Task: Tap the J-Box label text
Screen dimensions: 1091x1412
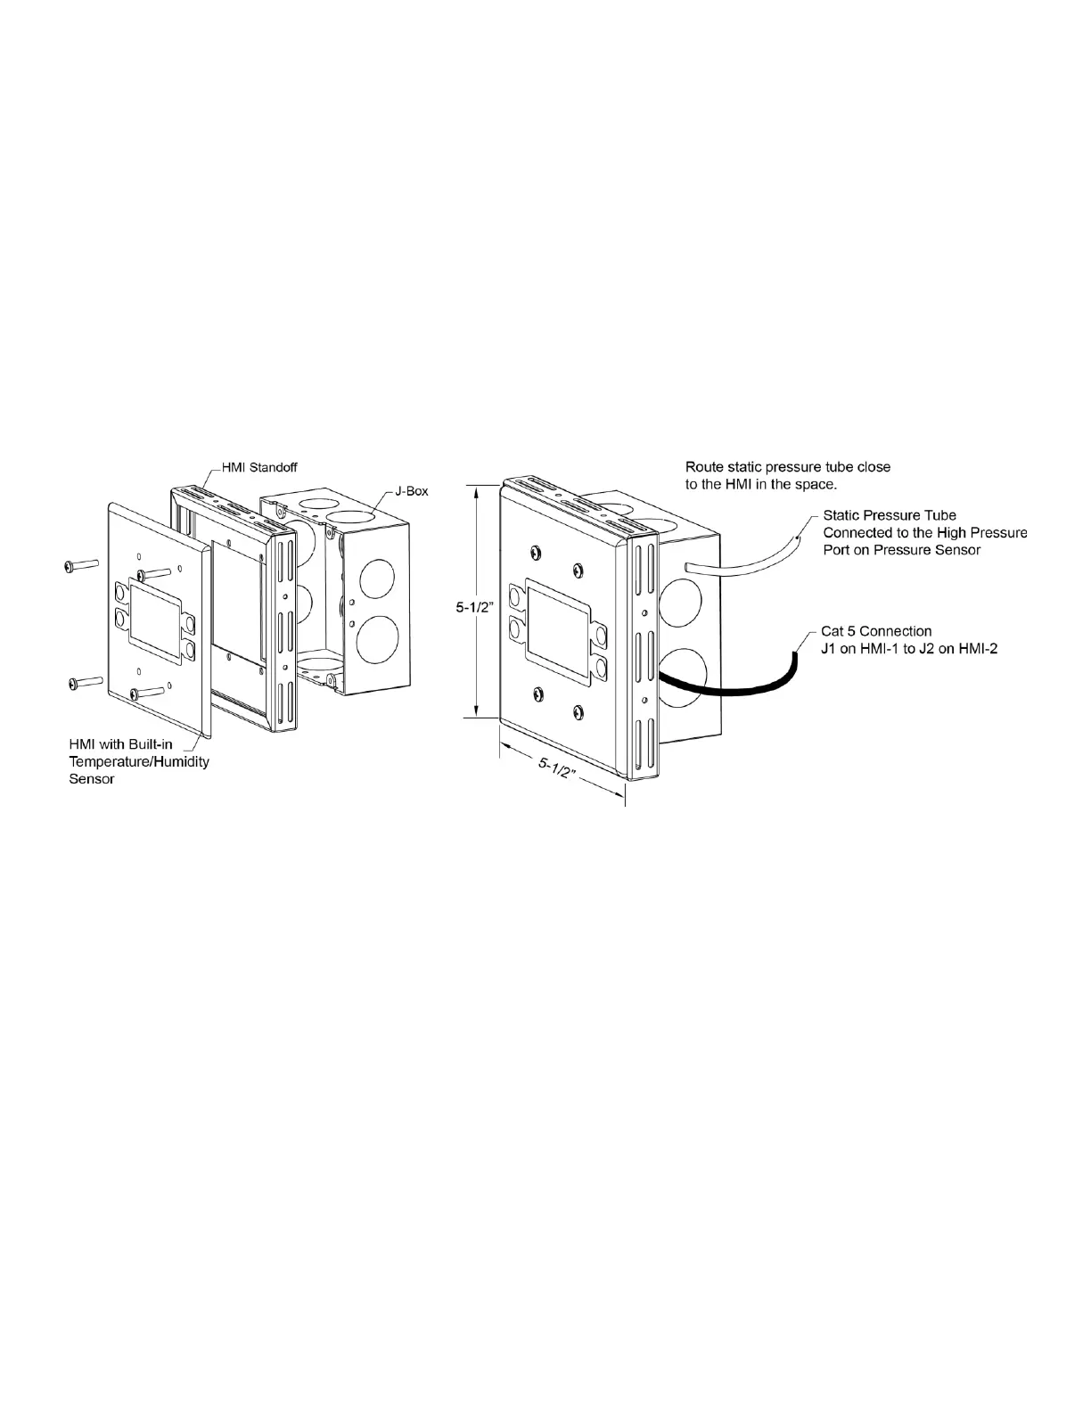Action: [412, 491]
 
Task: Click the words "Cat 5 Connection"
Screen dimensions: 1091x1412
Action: [876, 631]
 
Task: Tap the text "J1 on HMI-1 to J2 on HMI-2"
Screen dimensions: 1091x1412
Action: [909, 648]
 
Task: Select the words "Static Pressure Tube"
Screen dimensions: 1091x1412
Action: [890, 515]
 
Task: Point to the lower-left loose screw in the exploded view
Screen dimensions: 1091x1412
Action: [80, 683]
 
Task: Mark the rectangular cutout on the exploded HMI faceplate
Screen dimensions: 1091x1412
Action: [157, 612]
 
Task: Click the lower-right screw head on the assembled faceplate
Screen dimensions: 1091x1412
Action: [579, 711]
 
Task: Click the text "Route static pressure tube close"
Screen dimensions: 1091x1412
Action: [787, 467]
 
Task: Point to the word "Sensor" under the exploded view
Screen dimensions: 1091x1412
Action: [92, 778]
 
